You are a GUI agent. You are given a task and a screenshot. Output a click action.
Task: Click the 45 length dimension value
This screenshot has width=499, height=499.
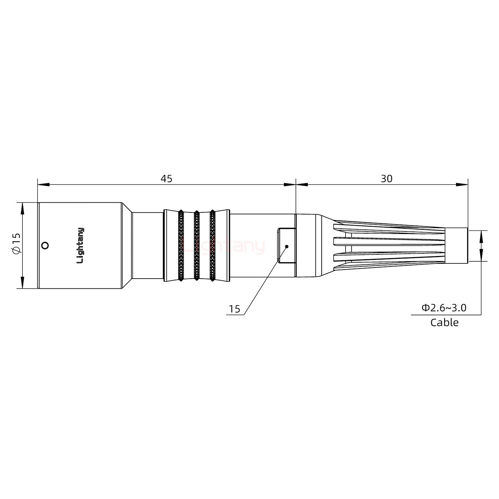coord(166,179)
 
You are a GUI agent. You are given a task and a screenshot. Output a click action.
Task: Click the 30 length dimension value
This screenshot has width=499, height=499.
coord(387,179)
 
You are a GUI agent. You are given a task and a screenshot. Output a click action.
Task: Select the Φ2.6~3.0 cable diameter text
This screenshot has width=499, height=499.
coord(444,307)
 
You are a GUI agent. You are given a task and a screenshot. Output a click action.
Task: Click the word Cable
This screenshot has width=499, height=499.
coord(444,322)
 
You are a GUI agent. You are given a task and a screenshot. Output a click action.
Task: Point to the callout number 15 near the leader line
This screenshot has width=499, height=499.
coord(235,309)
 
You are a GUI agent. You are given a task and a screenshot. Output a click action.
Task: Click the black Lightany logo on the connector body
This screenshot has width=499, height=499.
coord(80,245)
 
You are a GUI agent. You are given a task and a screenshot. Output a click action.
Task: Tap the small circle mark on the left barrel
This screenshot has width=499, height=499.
coord(44,246)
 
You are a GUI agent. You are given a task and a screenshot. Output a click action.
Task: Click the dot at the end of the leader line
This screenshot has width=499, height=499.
coord(287,246)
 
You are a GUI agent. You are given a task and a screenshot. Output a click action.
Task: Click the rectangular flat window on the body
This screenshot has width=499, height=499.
coord(286,245)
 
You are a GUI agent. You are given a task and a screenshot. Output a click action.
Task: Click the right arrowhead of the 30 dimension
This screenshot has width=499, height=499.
coord(462,185)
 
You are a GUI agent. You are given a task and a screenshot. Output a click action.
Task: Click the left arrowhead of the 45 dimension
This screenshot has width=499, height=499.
coord(43,185)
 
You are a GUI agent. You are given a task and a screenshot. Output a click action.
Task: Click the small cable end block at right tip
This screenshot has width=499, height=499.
coord(456,245)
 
